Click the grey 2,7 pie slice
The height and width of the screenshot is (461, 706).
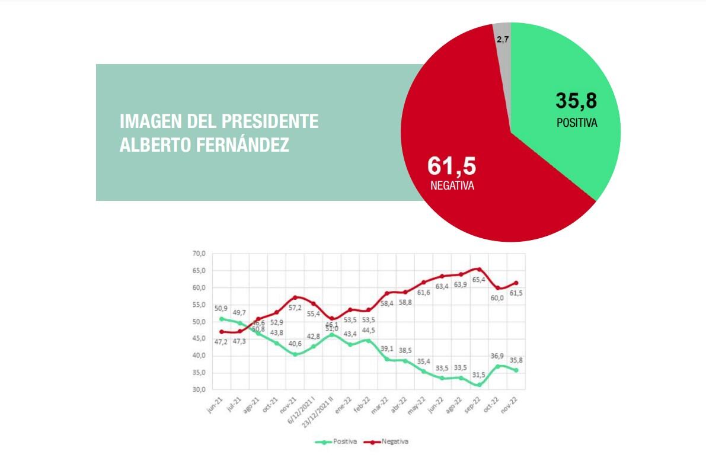(x=501, y=36)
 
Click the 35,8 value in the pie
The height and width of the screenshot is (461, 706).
(x=576, y=101)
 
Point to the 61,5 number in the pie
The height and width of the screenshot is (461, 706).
(x=452, y=167)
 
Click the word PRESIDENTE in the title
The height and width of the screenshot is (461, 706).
(x=270, y=121)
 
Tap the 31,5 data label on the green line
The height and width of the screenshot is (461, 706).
(x=478, y=374)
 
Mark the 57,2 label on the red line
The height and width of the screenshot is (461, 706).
(x=295, y=308)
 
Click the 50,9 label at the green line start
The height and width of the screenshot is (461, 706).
(x=221, y=309)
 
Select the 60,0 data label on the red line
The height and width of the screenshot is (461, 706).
(x=496, y=298)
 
